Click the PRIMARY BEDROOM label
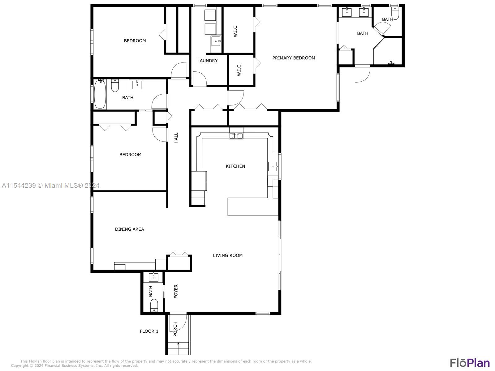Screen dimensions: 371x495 (294, 58)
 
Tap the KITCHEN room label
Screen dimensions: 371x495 (235, 166)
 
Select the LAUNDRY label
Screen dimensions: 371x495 (207, 61)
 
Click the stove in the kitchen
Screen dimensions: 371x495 (236, 136)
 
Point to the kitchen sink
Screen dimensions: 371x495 (273, 166)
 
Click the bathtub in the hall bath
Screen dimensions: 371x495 (100, 94)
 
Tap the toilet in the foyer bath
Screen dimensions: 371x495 (154, 305)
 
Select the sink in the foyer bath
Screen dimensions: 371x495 (153, 277)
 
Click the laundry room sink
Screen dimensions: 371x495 (216, 41)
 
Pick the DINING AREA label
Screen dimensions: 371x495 (129, 229)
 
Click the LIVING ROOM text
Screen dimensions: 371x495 (228, 255)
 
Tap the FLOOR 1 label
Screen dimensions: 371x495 (149, 331)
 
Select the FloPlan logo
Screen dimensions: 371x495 (470, 362)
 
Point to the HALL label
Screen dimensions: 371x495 (176, 138)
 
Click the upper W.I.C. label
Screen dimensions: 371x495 (235, 31)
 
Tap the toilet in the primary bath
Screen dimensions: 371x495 (395, 13)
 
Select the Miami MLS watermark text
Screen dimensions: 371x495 (50, 185)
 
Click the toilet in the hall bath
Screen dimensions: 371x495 (115, 86)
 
